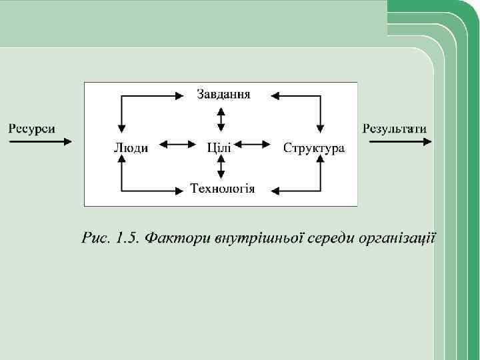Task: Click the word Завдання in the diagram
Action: coord(223,94)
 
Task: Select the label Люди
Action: coord(131,147)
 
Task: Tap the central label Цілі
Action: coord(219,147)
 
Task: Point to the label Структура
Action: coord(313,147)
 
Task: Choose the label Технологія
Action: coord(223,189)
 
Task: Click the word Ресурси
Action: coord(31,129)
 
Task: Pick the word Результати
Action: coord(395,129)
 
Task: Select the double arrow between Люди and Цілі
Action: coord(176,143)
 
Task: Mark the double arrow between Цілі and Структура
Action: coord(253,143)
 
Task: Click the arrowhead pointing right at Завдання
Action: coord(178,96)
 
